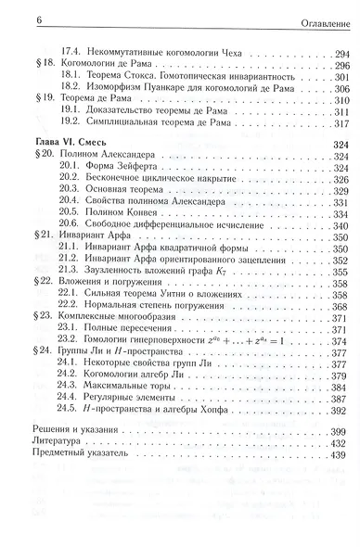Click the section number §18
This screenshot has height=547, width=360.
click(27, 67)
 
